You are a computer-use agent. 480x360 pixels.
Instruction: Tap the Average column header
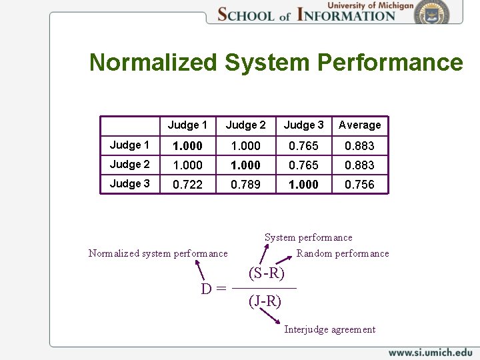pyautogui.click(x=359, y=125)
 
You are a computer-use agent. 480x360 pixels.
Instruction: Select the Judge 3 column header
pyautogui.click(x=303, y=125)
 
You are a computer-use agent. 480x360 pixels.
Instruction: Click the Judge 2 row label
pyautogui.click(x=130, y=165)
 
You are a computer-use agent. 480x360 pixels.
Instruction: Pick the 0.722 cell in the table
pyautogui.click(x=187, y=185)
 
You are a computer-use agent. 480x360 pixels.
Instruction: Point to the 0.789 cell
pyautogui.click(x=245, y=185)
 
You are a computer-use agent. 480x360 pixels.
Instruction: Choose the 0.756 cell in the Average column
pyautogui.click(x=359, y=185)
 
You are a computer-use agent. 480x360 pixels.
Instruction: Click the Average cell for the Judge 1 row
pyautogui.click(x=359, y=146)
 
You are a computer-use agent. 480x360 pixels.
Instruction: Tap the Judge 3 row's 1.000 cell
pyautogui.click(x=303, y=185)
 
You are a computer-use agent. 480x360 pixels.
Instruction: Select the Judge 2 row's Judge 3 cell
pyautogui.click(x=303, y=165)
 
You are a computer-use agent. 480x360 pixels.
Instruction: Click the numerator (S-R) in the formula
pyautogui.click(x=267, y=273)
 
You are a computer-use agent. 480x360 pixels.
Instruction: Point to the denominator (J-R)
pyautogui.click(x=265, y=301)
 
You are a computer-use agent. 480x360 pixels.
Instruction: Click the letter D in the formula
pyautogui.click(x=207, y=289)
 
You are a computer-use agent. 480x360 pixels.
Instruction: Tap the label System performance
pyautogui.click(x=308, y=237)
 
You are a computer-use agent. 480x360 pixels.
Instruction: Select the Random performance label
pyautogui.click(x=343, y=253)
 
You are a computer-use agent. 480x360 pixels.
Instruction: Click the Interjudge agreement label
pyautogui.click(x=329, y=329)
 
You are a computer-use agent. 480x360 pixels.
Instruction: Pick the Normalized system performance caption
pyautogui.click(x=158, y=253)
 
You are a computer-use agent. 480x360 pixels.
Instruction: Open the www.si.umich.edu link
pyautogui.click(x=430, y=352)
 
